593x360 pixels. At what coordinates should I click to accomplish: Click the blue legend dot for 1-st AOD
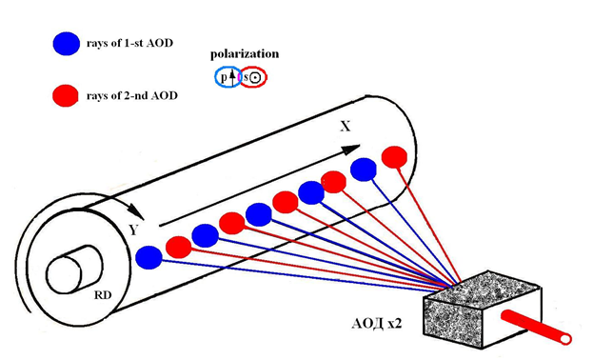tap(67, 43)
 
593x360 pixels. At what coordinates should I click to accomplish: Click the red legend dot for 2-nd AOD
tap(66, 95)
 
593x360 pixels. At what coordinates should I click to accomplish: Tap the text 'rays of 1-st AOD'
tap(129, 43)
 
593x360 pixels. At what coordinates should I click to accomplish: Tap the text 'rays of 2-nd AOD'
tap(132, 95)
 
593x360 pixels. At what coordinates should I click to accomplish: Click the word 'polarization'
tap(245, 54)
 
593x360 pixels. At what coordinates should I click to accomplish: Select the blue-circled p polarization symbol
tap(228, 77)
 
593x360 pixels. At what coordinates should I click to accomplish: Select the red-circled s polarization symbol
tap(253, 77)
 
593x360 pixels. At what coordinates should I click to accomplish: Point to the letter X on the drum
tap(346, 127)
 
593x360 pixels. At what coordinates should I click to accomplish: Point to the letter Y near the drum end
tap(132, 230)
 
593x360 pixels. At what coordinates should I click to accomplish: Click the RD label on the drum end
tap(103, 295)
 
